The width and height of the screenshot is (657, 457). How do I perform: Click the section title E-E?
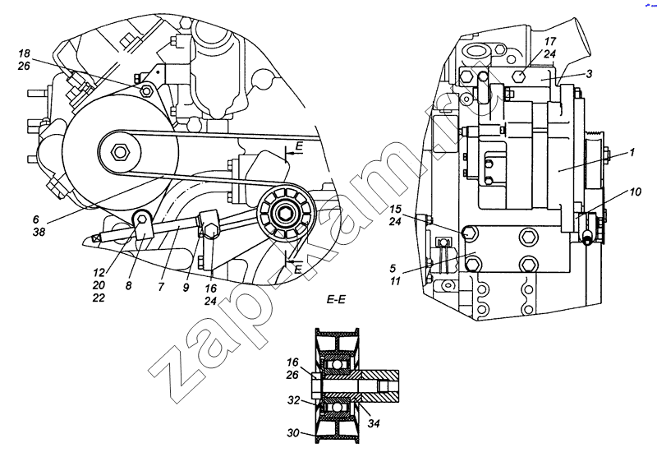coord(336,300)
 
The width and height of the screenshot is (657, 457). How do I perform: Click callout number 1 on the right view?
coord(632,152)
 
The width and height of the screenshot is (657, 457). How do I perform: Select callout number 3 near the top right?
coord(589,74)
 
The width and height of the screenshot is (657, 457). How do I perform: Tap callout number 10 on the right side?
coord(635,192)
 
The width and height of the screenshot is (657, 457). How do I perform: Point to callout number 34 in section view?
coord(374,423)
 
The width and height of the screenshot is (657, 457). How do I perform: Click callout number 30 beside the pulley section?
coord(293,432)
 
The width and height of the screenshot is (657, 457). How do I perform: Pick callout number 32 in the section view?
coord(293,400)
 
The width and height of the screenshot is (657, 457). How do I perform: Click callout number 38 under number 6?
coord(39,232)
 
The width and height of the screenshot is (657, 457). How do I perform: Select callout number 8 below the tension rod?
coord(128,286)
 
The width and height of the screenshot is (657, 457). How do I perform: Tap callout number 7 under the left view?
coord(161,287)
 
